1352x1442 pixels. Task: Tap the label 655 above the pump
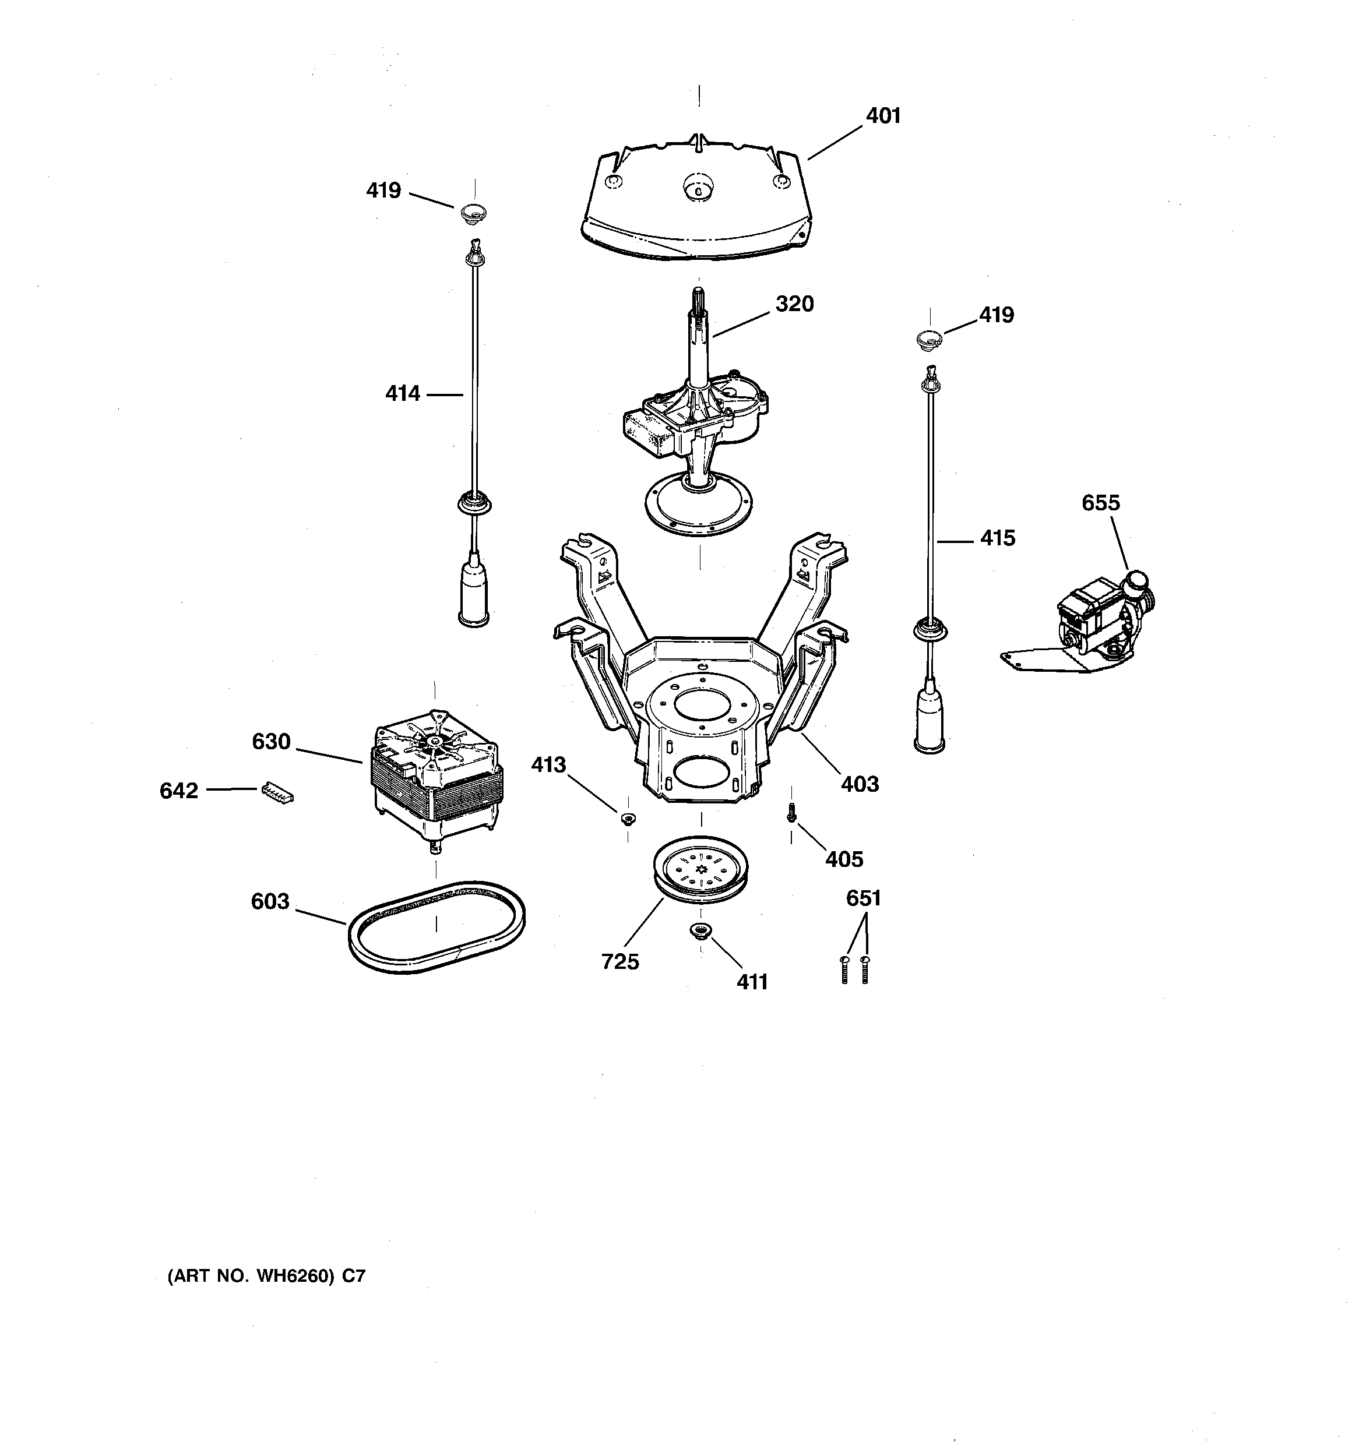point(1100,503)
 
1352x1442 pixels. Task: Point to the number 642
point(178,791)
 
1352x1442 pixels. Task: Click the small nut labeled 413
point(628,820)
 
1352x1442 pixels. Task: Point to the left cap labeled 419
point(473,213)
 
